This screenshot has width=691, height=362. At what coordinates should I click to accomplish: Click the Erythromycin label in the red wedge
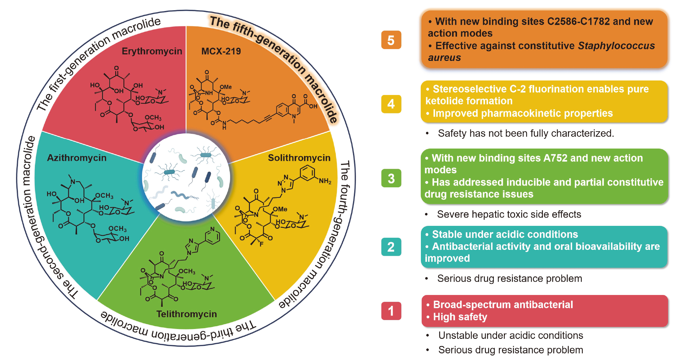coord(152,51)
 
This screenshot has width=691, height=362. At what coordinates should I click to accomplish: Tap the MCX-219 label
coord(221,51)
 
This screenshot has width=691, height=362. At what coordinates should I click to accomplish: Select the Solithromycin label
coord(299,158)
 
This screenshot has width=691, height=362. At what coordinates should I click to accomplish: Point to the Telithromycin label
coord(186,314)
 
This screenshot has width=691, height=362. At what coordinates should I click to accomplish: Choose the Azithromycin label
coord(77,158)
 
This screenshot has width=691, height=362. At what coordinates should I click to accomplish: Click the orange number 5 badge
coord(391,40)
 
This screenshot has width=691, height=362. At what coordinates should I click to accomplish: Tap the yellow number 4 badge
coord(391,104)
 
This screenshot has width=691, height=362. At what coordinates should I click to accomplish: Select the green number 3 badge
coord(391,178)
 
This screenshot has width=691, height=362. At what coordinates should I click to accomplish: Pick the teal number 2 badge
coord(391,247)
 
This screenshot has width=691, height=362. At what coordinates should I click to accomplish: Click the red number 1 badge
coord(391,311)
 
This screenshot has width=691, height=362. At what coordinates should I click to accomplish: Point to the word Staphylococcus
coord(616,46)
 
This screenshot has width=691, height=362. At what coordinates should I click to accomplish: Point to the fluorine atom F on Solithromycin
coord(261,244)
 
